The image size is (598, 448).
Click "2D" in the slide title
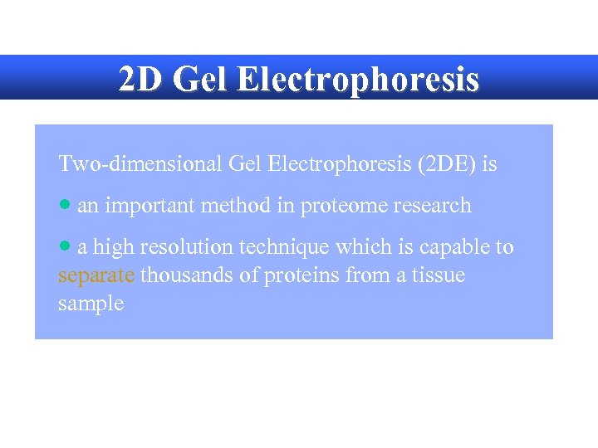pyautogui.click(x=138, y=80)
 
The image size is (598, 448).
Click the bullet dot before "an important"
pyautogui.click(x=66, y=205)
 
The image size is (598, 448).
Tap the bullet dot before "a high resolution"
pyautogui.click(x=66, y=246)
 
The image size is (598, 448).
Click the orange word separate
pyautogui.click(x=96, y=275)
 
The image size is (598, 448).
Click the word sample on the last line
pyautogui.click(x=91, y=304)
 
